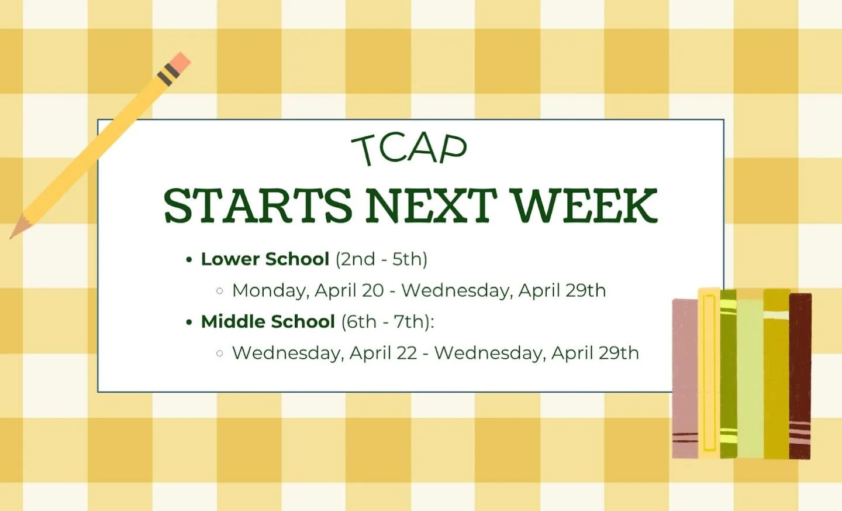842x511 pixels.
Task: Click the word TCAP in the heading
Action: click(409, 149)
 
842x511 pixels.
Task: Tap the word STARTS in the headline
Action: click(258, 206)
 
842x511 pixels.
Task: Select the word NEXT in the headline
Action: click(431, 206)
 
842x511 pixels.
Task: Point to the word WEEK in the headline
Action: click(584, 206)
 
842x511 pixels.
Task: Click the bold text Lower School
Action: click(265, 259)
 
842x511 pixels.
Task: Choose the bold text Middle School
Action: click(268, 321)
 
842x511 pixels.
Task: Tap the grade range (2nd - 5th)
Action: click(381, 259)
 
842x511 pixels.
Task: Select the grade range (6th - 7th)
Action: click(388, 321)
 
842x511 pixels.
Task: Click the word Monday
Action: click(269, 290)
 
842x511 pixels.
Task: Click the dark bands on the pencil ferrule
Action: click(168, 74)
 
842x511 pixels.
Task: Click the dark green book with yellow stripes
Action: click(728, 375)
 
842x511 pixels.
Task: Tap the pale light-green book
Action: click(750, 378)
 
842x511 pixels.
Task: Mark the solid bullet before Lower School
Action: click(189, 259)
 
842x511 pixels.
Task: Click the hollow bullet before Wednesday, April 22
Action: click(220, 353)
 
